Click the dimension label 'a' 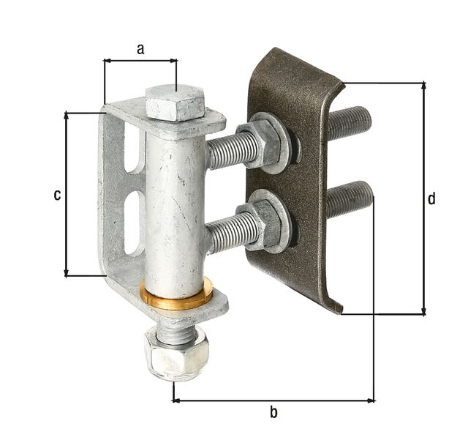140,49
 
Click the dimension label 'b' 273,412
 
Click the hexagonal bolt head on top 175,103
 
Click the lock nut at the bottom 176,353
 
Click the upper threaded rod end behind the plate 350,122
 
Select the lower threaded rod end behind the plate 350,198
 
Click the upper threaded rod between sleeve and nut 230,151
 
